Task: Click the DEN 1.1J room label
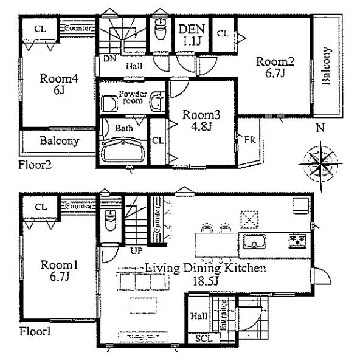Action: tap(192, 35)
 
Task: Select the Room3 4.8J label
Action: tap(201, 121)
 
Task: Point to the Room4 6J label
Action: tap(59, 84)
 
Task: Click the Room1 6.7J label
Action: tap(59, 270)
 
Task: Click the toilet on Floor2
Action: tap(161, 29)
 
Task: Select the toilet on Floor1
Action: tap(110, 220)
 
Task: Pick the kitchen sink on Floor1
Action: tap(254, 241)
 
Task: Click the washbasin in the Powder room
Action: tap(157, 102)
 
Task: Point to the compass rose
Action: tap(320, 164)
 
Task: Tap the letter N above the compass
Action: tap(320, 128)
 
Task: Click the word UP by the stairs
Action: tap(137, 250)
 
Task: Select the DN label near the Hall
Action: tap(109, 58)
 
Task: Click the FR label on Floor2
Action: tap(250, 140)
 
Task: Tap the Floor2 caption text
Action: tap(35, 165)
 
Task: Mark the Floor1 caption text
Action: tap(35, 332)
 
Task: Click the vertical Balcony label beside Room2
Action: tap(326, 66)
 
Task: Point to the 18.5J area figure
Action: tap(206, 281)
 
